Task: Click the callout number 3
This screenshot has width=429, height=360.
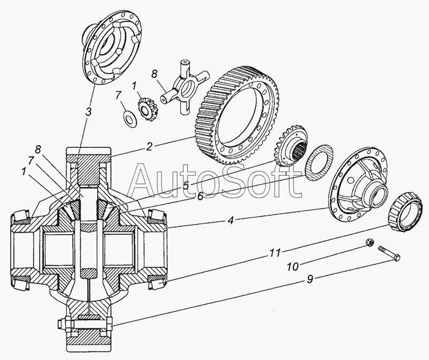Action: (x=88, y=112)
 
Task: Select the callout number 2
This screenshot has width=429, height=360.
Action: (x=149, y=147)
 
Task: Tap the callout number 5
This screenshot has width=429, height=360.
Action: (x=186, y=186)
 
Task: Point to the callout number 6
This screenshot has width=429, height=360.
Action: (x=201, y=196)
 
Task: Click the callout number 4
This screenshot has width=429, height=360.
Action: (x=231, y=220)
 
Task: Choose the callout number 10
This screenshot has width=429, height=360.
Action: (x=293, y=266)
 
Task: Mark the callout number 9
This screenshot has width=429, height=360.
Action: (x=310, y=280)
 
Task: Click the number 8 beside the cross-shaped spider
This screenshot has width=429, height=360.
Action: (x=154, y=74)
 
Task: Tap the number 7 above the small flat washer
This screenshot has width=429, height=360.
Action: (x=118, y=96)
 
